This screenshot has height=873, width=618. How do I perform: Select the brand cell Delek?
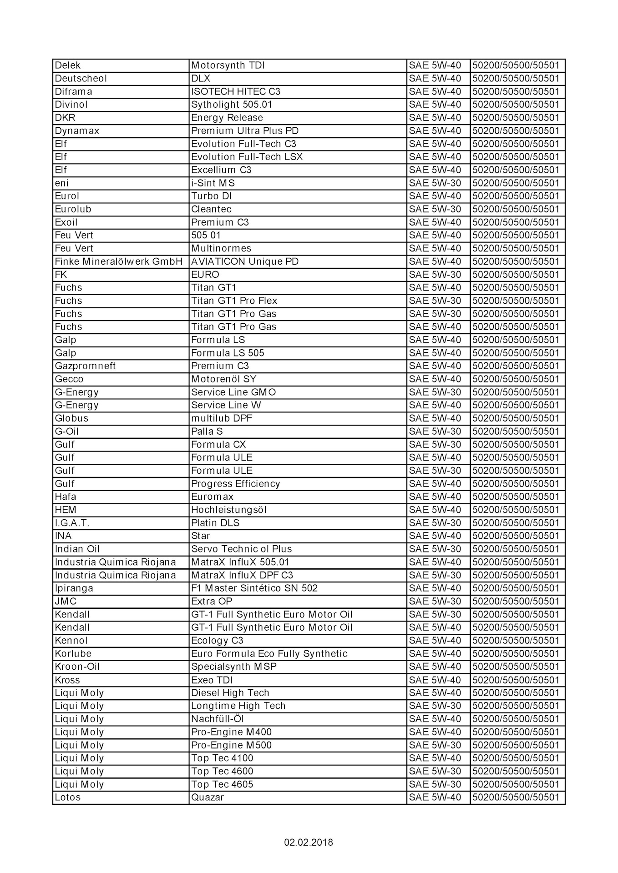point(68,65)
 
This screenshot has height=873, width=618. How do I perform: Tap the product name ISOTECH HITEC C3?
point(236,91)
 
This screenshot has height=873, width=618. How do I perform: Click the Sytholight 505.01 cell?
point(232,105)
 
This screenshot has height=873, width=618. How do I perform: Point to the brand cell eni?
point(62,183)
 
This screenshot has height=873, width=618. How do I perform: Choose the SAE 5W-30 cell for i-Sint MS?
point(435,183)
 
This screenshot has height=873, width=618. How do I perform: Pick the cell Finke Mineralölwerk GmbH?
point(119,261)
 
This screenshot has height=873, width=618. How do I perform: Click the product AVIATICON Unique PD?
point(245,261)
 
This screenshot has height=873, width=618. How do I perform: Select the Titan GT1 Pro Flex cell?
point(234,301)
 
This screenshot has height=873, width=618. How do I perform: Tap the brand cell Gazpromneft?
point(85,366)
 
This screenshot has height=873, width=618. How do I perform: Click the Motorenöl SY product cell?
point(223,379)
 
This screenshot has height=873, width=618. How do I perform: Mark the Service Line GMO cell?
point(233,392)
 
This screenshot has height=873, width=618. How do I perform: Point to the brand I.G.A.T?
point(72,523)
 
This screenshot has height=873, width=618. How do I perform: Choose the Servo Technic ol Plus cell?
point(241,549)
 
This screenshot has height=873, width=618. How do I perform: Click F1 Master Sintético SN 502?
point(254,588)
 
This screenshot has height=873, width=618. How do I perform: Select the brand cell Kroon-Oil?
point(77,667)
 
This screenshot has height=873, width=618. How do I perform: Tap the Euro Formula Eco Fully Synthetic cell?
point(269,653)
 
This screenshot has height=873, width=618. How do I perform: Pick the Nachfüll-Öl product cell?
point(218,719)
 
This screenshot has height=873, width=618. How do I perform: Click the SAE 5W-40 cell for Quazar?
point(435,797)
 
